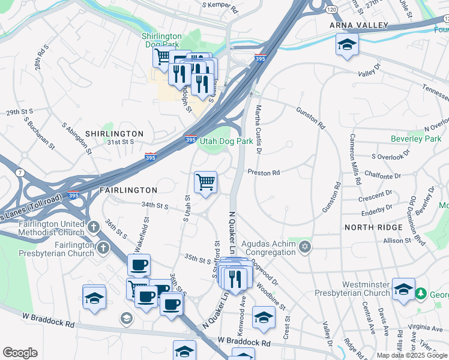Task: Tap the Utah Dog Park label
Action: coord(226,141)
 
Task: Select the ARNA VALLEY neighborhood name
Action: coord(359,25)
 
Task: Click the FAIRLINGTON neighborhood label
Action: coord(128,190)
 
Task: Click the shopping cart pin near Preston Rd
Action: coord(205,182)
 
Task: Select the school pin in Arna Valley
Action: coord(347,45)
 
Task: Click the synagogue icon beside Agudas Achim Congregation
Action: coord(305,246)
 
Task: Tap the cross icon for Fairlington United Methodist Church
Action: coord(92,227)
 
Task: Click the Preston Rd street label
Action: coord(264,172)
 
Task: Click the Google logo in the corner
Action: coord(20,353)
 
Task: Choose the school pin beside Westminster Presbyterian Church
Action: coord(403,288)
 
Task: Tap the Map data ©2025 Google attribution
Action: coord(412,355)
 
